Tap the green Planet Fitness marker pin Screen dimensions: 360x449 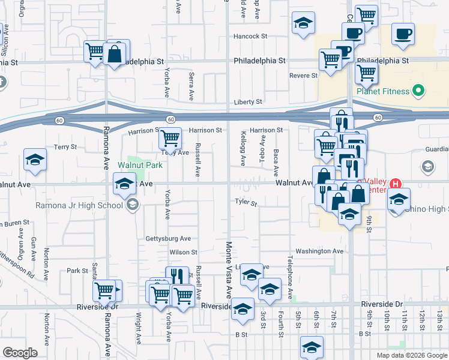(419, 92)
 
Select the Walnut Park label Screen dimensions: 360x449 (140, 164)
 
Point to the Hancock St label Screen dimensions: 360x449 (250, 36)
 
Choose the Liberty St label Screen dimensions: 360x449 (248, 103)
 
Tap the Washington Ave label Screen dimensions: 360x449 (319, 251)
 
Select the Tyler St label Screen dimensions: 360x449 (246, 203)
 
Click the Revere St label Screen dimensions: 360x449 (303, 76)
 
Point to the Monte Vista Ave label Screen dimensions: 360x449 (229, 270)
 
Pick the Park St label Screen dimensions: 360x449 (77, 271)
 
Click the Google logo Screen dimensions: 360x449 (20, 353)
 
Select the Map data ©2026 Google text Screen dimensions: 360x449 (411, 355)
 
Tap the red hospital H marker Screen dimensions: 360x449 (396, 184)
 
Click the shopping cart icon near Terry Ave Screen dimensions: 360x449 (170, 139)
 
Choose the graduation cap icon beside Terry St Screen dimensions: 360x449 (35, 160)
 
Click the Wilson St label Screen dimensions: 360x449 (183, 253)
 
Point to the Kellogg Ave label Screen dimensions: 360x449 (243, 148)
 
